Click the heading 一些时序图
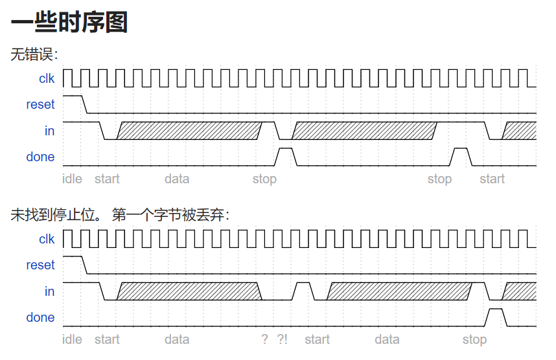click(69, 23)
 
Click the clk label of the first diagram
click(47, 78)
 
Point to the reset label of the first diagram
click(40, 104)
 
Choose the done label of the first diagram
click(40, 157)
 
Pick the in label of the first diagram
click(49, 131)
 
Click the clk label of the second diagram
click(47, 239)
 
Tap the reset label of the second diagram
click(40, 265)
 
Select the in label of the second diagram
click(49, 291)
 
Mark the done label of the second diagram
click(40, 317)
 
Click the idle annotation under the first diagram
click(72, 179)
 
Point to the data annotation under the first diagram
click(177, 179)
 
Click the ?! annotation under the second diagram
click(282, 339)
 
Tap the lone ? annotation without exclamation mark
click(264, 339)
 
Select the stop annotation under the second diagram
click(474, 339)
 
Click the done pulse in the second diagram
click(496, 317)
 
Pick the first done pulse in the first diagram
click(285, 156)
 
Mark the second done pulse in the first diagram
click(461, 156)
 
